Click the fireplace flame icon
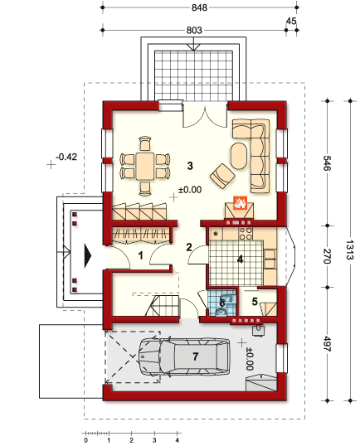tap(240, 202)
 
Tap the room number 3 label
tap(190, 166)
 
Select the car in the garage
tap(184, 356)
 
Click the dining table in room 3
tap(145, 166)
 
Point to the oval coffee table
tap(239, 156)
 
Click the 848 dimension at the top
tap(199, 7)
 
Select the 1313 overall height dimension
tap(350, 250)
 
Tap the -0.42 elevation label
tap(66, 157)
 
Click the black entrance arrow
tap(88, 255)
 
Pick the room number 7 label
tap(195, 356)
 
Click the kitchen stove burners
tap(246, 234)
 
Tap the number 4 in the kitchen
tap(241, 259)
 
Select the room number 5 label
tap(255, 302)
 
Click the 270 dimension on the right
tap(327, 256)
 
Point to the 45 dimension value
tap(291, 21)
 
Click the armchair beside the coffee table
tap(222, 176)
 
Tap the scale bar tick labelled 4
tap(178, 440)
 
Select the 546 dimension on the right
tap(327, 163)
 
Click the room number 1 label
tap(140, 255)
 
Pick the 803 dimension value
tap(194, 30)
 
